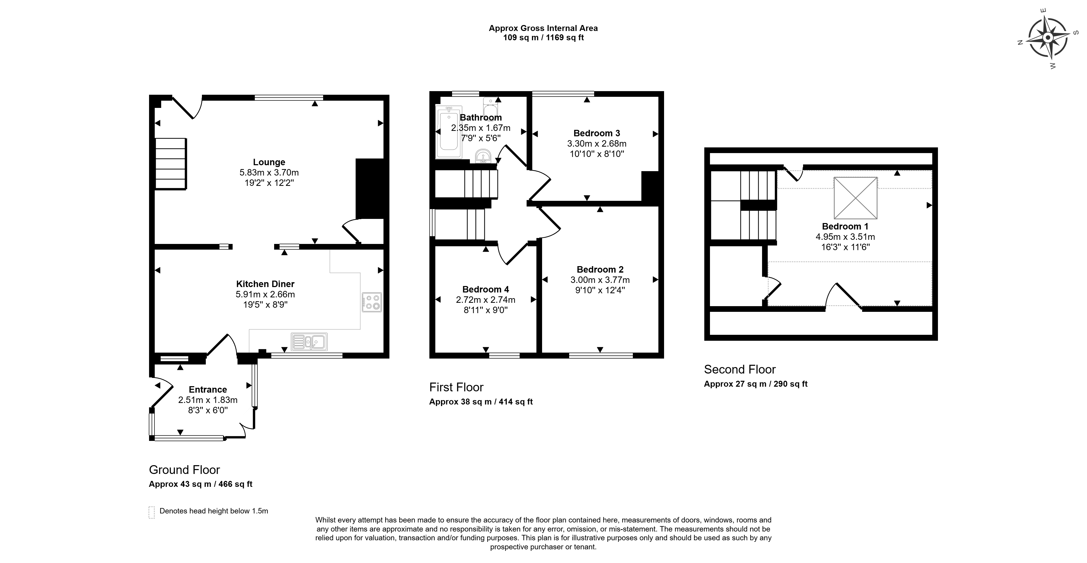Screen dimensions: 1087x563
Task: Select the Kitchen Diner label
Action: tap(265, 284)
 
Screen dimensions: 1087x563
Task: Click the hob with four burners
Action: tap(371, 302)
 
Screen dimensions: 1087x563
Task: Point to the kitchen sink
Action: tap(309, 342)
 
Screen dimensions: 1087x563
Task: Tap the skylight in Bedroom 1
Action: tap(855, 198)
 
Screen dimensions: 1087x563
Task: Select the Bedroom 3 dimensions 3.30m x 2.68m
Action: tap(597, 144)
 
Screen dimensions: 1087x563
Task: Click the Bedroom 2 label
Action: tap(600, 269)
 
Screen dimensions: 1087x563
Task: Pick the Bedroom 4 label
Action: tap(485, 289)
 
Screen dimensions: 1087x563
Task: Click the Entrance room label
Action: tap(208, 390)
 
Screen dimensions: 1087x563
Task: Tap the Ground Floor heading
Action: tap(184, 470)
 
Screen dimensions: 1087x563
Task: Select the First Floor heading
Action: tap(456, 387)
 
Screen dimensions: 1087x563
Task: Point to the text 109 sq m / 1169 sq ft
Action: tap(544, 38)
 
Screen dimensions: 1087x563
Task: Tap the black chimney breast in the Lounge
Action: tap(370, 188)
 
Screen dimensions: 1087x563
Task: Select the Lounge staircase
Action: tap(171, 164)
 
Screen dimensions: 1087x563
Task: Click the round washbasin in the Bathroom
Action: tap(483, 156)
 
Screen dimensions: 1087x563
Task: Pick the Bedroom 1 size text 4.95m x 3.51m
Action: tap(845, 237)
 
